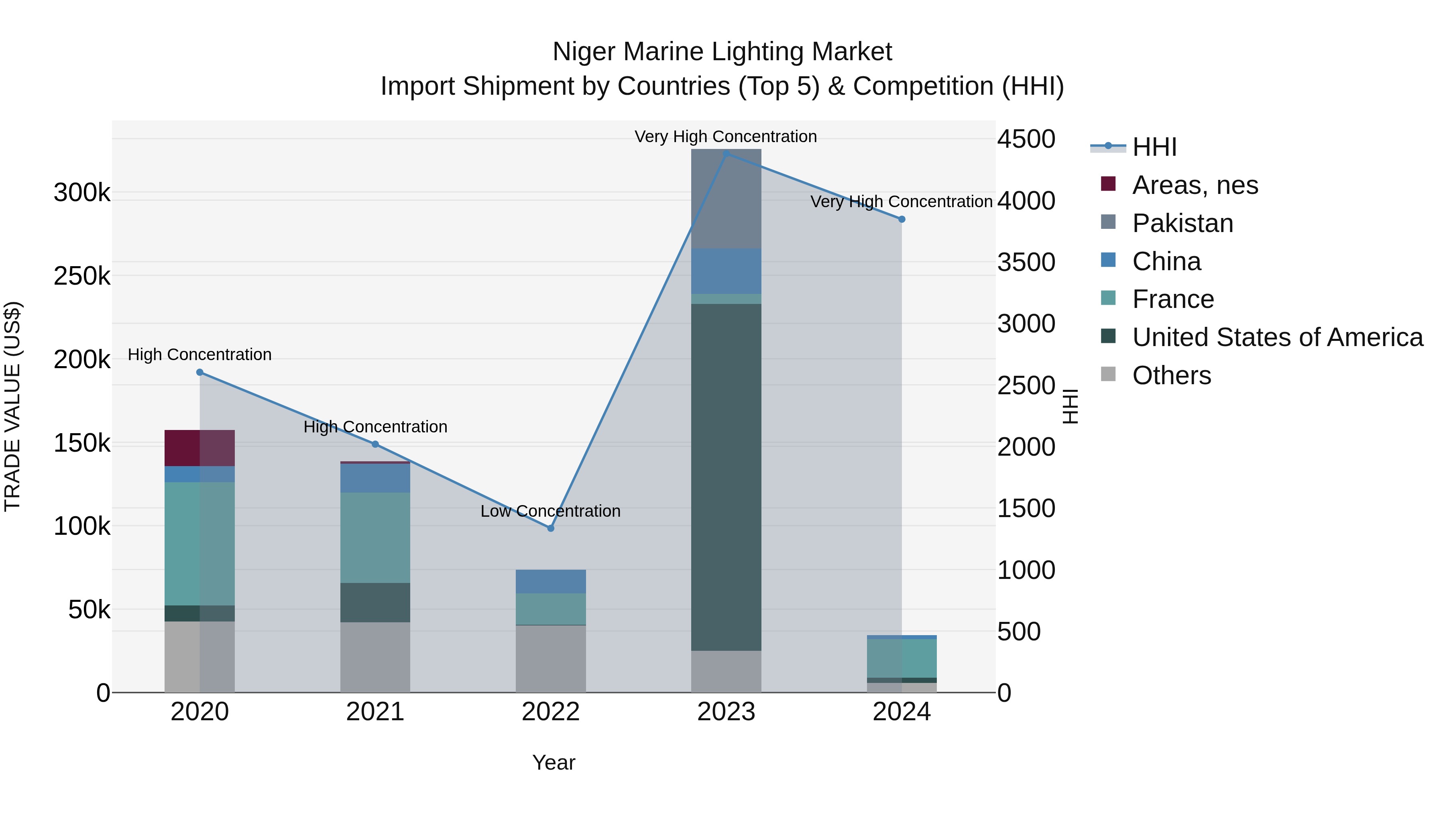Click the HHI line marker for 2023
[727, 153]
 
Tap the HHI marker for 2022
[550, 528]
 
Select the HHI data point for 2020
[200, 372]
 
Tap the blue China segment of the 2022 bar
[550, 581]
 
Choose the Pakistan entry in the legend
[1182, 223]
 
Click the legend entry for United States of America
[1277, 337]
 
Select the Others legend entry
[1171, 375]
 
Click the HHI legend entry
[1154, 147]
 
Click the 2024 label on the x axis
[902, 712]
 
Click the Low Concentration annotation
[550, 511]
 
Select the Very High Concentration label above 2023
[725, 137]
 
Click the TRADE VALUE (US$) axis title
[12, 406]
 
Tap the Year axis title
[554, 762]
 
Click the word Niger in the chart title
[585, 52]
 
